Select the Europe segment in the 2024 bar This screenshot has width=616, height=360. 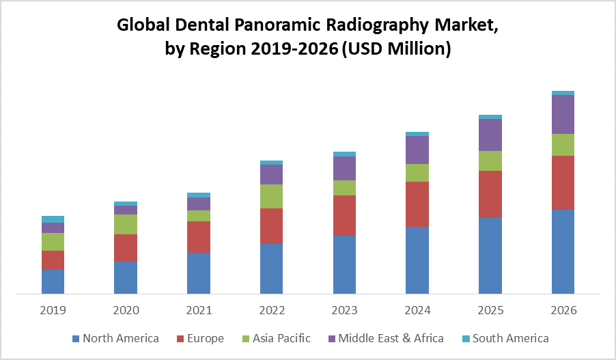pyautogui.click(x=417, y=204)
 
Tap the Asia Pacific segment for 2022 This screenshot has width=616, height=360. pyautogui.click(x=271, y=196)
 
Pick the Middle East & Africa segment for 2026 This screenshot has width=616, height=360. pyautogui.click(x=563, y=114)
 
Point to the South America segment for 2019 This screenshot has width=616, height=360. pyautogui.click(x=53, y=219)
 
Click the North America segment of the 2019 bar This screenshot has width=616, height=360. pyautogui.click(x=53, y=281)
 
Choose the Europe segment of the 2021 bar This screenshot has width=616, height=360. pyautogui.click(x=199, y=236)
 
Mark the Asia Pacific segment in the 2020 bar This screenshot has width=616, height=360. pyautogui.click(x=126, y=224)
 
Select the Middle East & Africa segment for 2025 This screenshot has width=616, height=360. pyautogui.click(x=490, y=135)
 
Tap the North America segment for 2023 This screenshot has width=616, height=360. pyautogui.click(x=344, y=264)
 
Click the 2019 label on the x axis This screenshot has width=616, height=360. pyautogui.click(x=53, y=310)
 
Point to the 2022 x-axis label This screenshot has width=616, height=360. pyautogui.click(x=271, y=310)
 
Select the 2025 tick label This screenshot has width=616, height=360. pyautogui.click(x=490, y=310)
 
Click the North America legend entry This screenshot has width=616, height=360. pyautogui.click(x=115, y=338)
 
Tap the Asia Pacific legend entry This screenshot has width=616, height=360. pyautogui.click(x=277, y=338)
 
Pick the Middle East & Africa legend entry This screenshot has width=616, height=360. pyautogui.click(x=386, y=338)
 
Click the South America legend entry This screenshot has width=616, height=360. pyautogui.click(x=505, y=338)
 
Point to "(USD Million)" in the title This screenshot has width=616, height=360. pyautogui.click(x=395, y=50)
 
